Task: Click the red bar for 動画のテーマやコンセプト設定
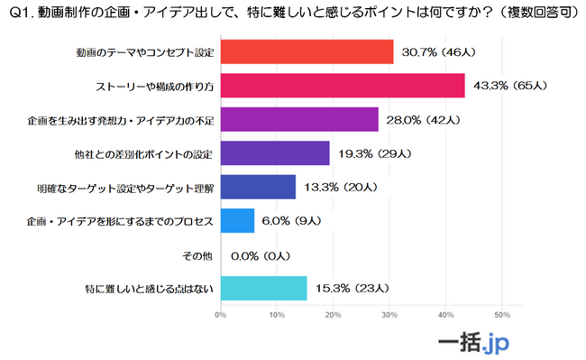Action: [x=307, y=51]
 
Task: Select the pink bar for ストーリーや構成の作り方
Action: [x=342, y=86]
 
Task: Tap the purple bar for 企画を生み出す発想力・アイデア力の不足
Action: [x=298, y=119]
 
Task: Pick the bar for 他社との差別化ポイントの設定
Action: [x=274, y=153]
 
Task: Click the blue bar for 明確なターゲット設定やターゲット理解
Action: [x=257, y=187]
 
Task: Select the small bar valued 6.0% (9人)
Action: [x=236, y=220]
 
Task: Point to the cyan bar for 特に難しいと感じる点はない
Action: [x=263, y=288]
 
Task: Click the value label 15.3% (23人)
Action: [x=350, y=288]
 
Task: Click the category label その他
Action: [x=197, y=255]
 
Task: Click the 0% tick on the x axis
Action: [x=220, y=315]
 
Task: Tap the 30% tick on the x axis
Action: [x=389, y=315]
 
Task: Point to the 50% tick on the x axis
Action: [x=502, y=315]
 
